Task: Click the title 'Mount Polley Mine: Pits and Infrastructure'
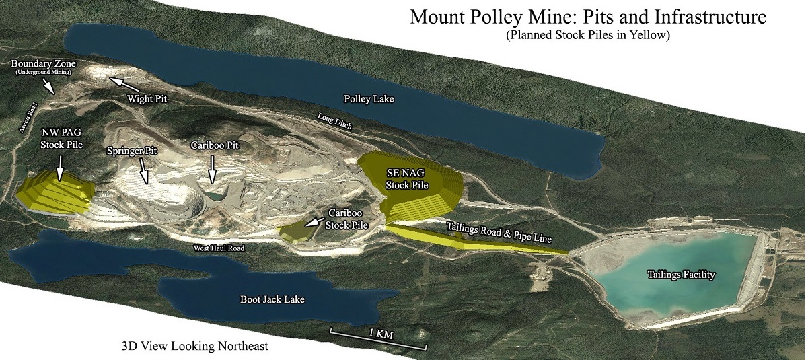(x=588, y=17)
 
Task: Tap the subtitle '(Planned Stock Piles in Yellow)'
(x=588, y=36)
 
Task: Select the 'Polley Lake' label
(x=369, y=99)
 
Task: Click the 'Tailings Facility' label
(x=680, y=274)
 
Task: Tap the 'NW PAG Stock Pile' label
(x=61, y=138)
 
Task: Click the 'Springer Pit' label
(x=131, y=151)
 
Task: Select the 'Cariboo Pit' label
(x=215, y=145)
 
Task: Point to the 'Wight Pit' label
(x=146, y=98)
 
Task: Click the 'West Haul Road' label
(x=219, y=248)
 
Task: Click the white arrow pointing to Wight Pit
(x=124, y=84)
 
